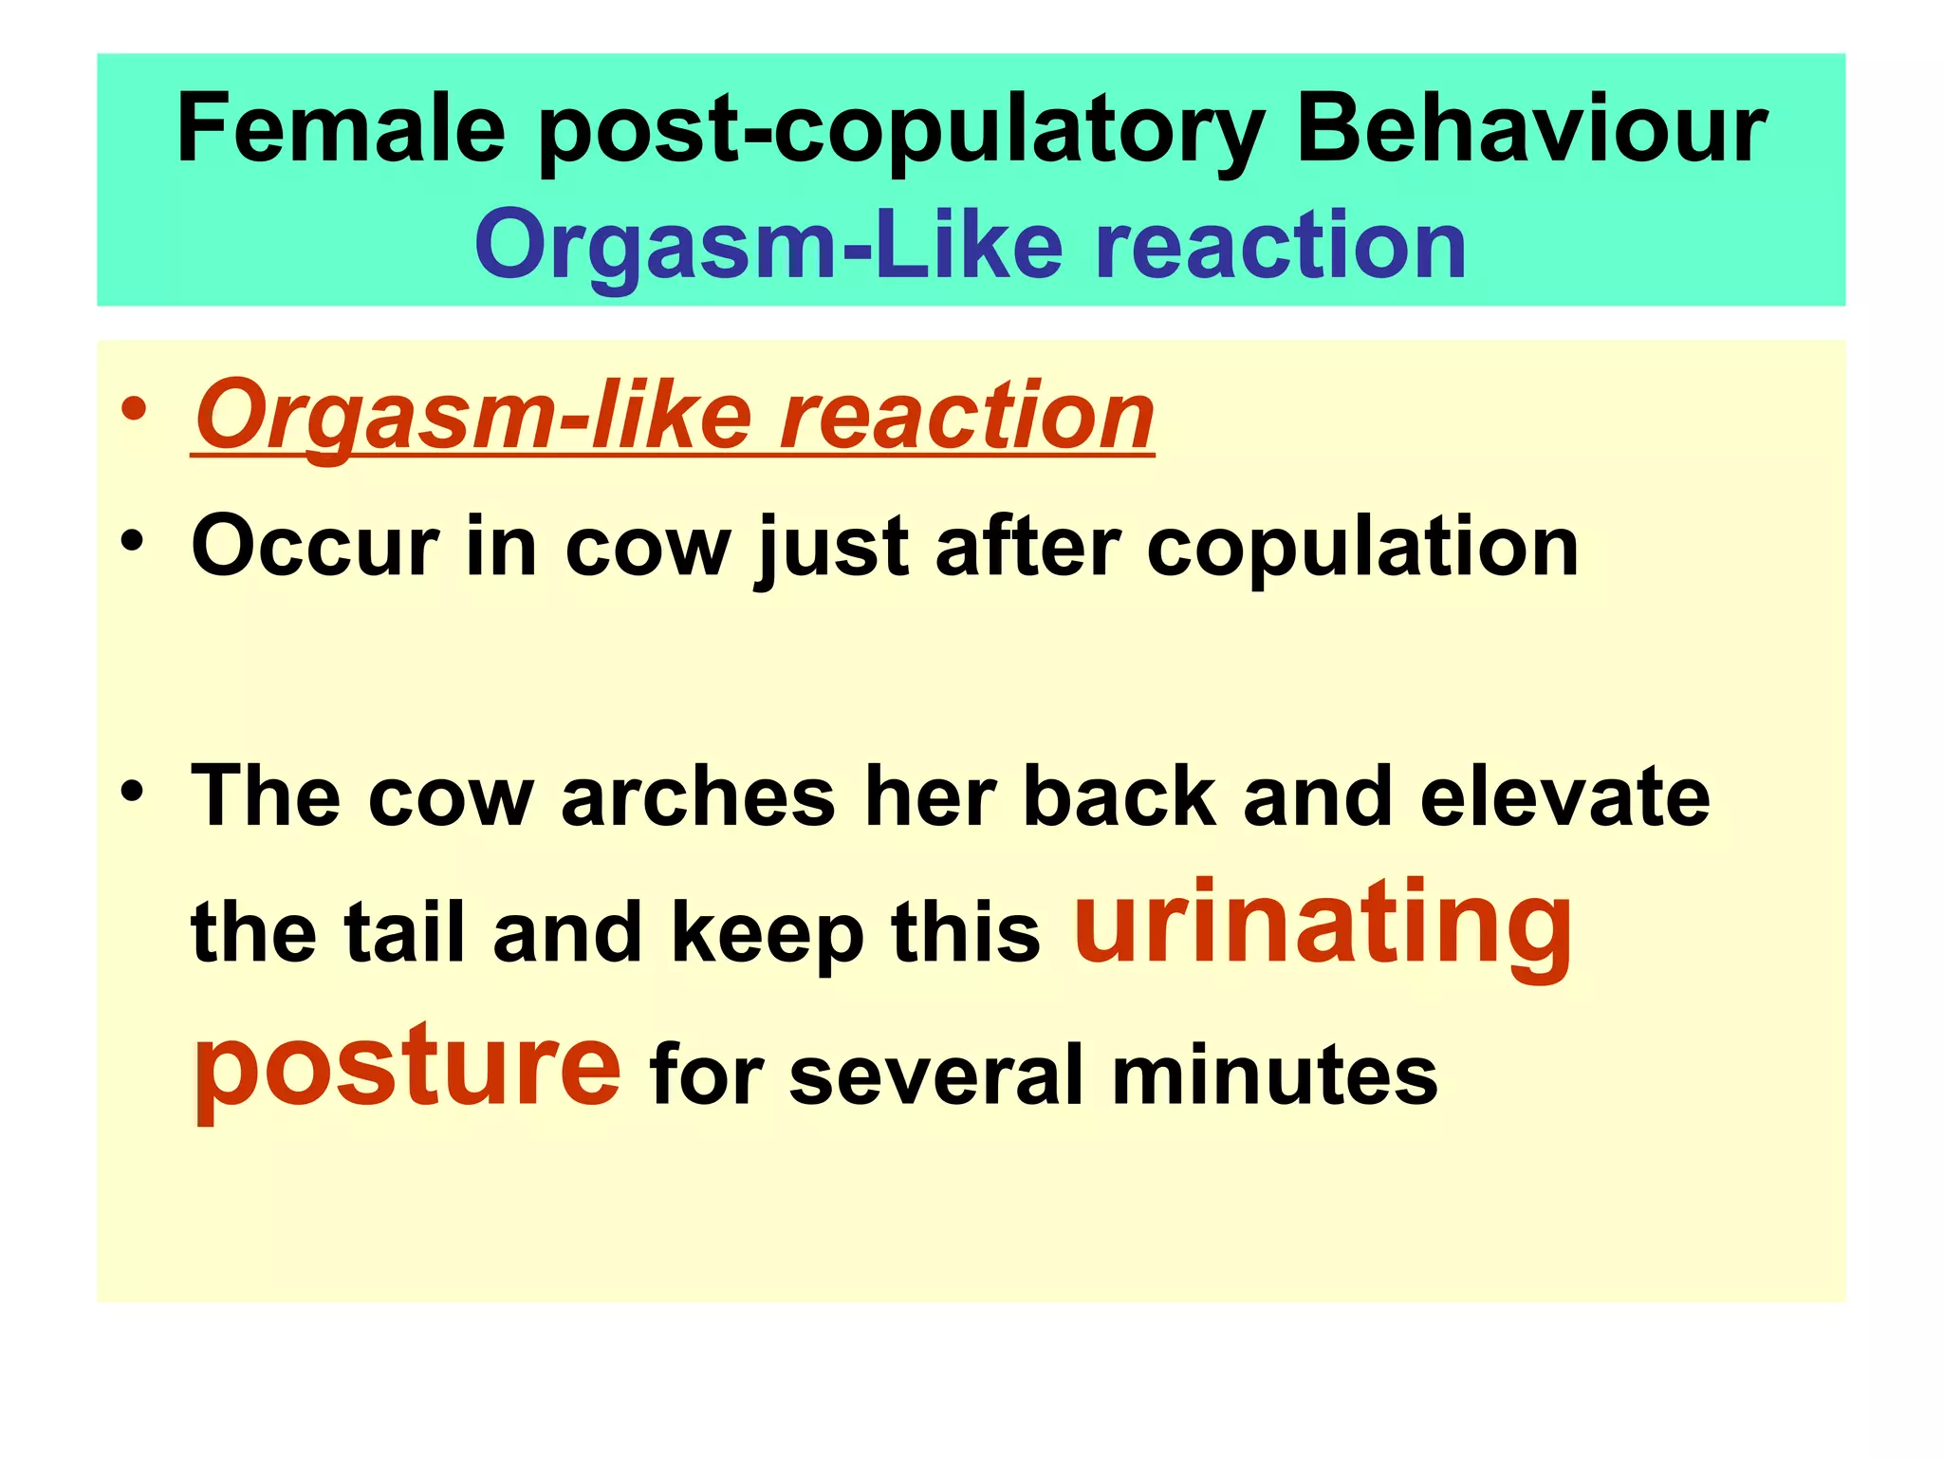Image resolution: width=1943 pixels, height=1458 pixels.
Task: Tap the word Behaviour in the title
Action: point(1530,129)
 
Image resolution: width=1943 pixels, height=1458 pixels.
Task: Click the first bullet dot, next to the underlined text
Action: point(134,410)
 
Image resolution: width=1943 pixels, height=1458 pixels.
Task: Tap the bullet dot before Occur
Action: point(134,541)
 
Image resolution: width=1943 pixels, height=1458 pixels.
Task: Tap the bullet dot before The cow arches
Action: point(134,790)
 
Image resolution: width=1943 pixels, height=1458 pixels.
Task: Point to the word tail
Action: point(404,933)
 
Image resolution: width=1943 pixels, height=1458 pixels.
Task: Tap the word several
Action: point(936,1075)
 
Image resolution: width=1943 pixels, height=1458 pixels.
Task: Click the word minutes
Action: point(1274,1075)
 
